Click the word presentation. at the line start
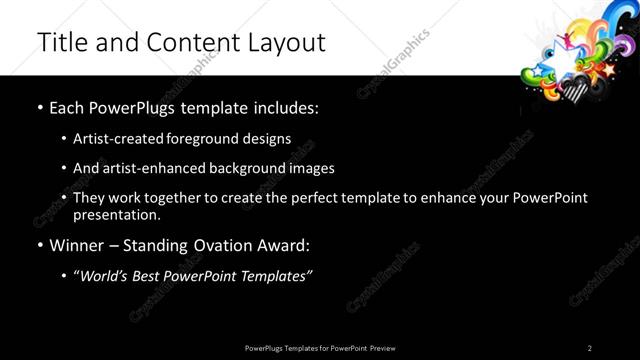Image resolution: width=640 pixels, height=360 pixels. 116,214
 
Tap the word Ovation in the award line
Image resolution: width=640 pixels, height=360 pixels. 223,245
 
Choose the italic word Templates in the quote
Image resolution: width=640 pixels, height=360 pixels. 273,275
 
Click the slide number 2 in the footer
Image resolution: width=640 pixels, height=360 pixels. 590,348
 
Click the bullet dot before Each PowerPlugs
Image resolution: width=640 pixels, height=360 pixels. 39,107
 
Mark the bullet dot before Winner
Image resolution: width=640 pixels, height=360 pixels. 39,245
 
